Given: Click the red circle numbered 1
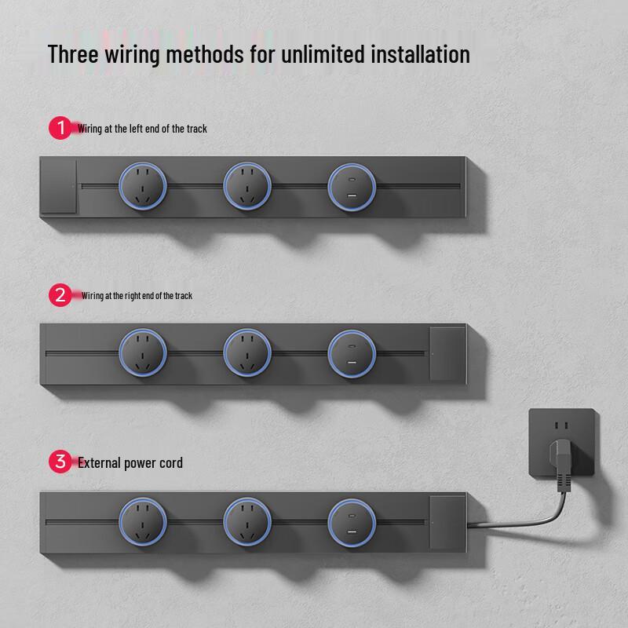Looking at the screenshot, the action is pyautogui.click(x=60, y=128).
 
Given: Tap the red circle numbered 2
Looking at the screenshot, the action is pyautogui.click(x=60, y=295).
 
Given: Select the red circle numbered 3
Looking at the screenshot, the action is pyautogui.click(x=60, y=462).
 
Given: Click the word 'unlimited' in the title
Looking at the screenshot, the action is pyautogui.click(x=323, y=54).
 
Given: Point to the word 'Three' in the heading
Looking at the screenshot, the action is pyautogui.click(x=73, y=54).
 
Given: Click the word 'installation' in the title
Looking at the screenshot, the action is pyautogui.click(x=420, y=54).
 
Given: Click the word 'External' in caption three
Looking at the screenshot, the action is pyautogui.click(x=99, y=462).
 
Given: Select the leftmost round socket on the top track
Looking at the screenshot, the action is pyautogui.click(x=143, y=186).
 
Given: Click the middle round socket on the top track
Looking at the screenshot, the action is pyautogui.click(x=247, y=186).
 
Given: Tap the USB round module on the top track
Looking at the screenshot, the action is pyautogui.click(x=352, y=187).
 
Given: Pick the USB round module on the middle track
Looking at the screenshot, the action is pyautogui.click(x=352, y=354).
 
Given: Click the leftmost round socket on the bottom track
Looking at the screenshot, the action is pyautogui.click(x=143, y=521).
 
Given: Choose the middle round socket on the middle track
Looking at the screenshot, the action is pyautogui.click(x=247, y=353).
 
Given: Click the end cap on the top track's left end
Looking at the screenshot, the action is pyautogui.click(x=58, y=186).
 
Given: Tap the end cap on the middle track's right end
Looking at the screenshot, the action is pyautogui.click(x=447, y=354).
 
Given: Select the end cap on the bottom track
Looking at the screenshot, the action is pyautogui.click(x=447, y=522).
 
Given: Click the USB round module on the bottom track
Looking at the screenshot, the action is pyautogui.click(x=352, y=523).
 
